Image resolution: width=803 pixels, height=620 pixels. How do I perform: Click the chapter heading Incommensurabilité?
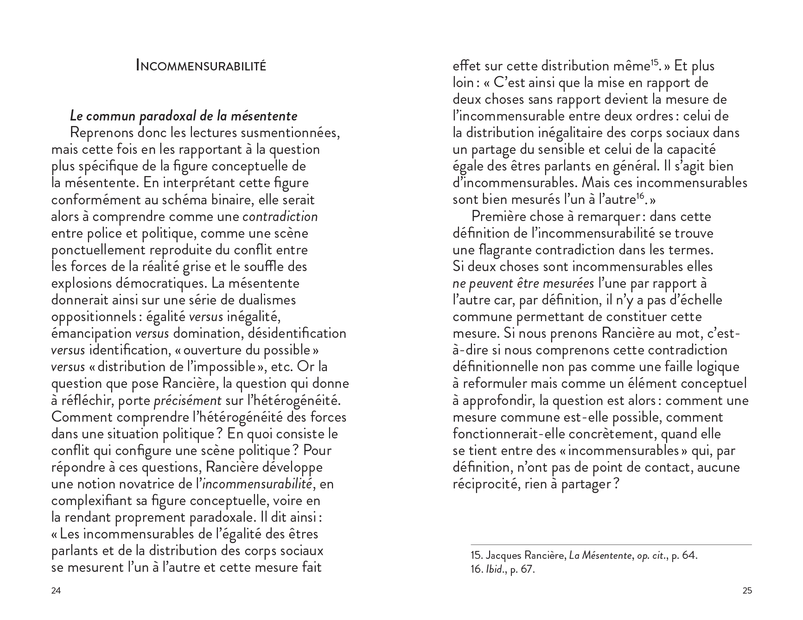pyautogui.click(x=201, y=65)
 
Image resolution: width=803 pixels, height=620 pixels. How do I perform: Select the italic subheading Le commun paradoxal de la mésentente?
pyautogui.click(x=183, y=116)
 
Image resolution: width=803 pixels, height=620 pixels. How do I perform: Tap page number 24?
pyautogui.click(x=56, y=590)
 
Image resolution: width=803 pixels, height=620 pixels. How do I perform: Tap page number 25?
pyautogui.click(x=747, y=590)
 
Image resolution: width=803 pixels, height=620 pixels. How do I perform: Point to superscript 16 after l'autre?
pyautogui.click(x=640, y=196)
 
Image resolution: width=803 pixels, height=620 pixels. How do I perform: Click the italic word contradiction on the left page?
pyautogui.click(x=280, y=216)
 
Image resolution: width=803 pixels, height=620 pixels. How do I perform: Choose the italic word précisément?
pyautogui.click(x=187, y=400)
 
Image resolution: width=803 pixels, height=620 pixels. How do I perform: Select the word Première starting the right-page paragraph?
pyautogui.click(x=498, y=216)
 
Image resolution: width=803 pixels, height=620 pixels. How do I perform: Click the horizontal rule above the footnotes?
pyautogui.click(x=611, y=544)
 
